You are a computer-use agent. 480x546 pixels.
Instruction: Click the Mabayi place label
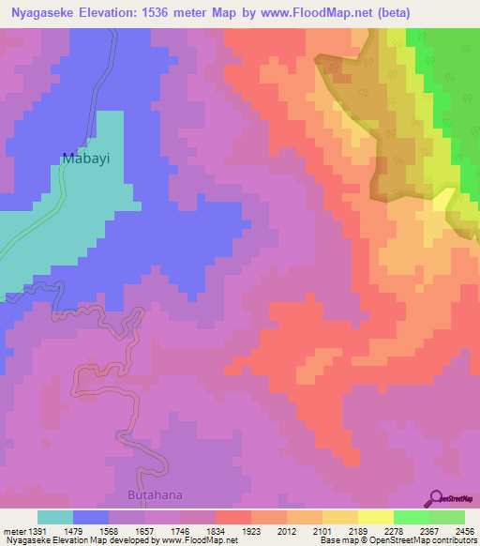pyautogui.click(x=86, y=159)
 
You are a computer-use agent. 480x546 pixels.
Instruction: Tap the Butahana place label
pyautogui.click(x=155, y=494)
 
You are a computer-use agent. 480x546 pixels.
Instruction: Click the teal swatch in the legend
pyautogui.click(x=55, y=517)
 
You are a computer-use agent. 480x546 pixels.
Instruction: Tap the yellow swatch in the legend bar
pyautogui.click(x=375, y=517)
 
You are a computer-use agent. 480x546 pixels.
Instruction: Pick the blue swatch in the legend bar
pyautogui.click(x=91, y=517)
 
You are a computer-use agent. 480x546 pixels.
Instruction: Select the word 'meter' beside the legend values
pyautogui.click(x=13, y=530)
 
